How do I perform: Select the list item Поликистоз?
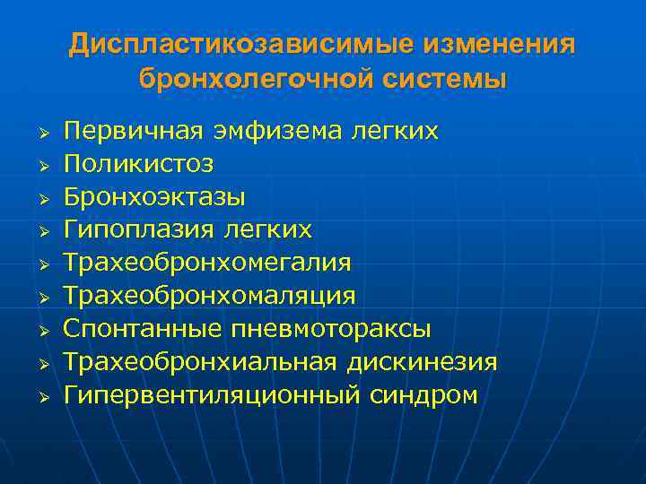click(139, 164)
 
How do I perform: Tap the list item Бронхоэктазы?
click(154, 197)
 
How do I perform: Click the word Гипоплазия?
click(137, 230)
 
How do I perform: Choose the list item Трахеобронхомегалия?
click(207, 263)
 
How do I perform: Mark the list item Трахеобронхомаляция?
click(210, 296)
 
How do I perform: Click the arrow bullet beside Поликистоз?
click(39, 165)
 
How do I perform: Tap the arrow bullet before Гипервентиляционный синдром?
click(39, 395)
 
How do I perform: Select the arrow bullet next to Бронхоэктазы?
click(39, 198)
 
